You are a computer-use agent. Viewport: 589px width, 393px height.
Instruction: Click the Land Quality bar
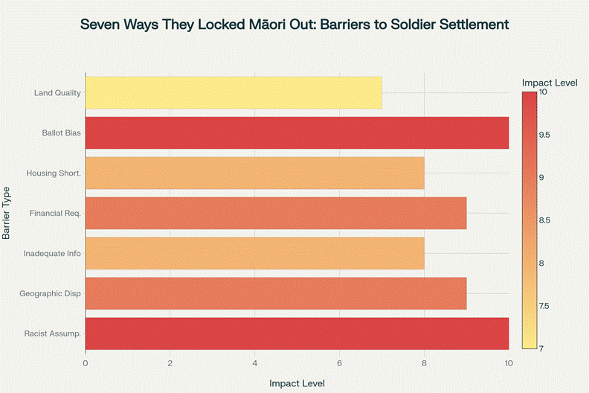[234, 93]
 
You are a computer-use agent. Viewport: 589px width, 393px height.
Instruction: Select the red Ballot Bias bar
[297, 133]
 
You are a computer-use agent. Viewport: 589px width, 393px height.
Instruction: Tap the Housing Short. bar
[254, 173]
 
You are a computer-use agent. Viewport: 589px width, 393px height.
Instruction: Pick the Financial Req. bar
[276, 214]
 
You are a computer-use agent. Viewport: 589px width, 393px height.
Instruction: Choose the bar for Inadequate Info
[254, 254]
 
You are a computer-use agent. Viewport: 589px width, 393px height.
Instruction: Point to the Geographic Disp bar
[276, 294]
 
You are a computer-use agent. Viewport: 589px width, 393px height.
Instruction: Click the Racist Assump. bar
[297, 334]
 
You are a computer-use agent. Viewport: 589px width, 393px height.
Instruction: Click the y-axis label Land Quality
[57, 93]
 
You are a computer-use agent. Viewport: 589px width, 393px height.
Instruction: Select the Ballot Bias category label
[61, 133]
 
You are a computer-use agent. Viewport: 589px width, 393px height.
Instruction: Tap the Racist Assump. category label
[53, 334]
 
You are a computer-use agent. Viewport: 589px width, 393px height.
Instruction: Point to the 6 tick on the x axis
[340, 363]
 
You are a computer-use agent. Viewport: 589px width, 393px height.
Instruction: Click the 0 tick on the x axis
[86, 363]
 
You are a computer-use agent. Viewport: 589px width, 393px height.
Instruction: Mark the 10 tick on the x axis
[509, 363]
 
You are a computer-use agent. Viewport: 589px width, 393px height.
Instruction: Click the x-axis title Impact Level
[297, 383]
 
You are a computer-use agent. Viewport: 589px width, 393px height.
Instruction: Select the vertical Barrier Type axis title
[7, 214]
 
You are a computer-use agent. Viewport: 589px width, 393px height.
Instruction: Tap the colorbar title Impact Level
[550, 82]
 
